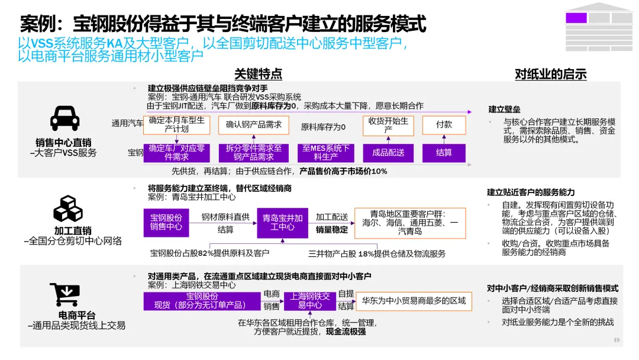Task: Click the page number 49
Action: pyautogui.click(x=616, y=340)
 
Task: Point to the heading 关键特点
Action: pyautogui.click(x=258, y=74)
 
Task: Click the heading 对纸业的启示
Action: pyautogui.click(x=550, y=74)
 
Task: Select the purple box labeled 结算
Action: pyautogui.click(x=444, y=153)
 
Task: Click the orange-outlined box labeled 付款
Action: pyautogui.click(x=444, y=125)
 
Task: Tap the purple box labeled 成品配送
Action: pyautogui.click(x=388, y=153)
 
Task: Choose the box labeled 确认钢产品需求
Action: pyautogui.click(x=254, y=125)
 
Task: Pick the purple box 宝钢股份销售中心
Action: pyautogui.click(x=166, y=223)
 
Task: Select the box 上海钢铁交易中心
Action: pyautogui.click(x=310, y=301)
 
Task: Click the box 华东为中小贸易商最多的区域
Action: pyautogui.click(x=414, y=301)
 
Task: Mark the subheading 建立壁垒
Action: pyautogui.click(x=504, y=110)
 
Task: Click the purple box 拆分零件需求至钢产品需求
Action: pyautogui.click(x=254, y=153)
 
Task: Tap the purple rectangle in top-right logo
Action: pyautogui.click(x=576, y=18)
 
